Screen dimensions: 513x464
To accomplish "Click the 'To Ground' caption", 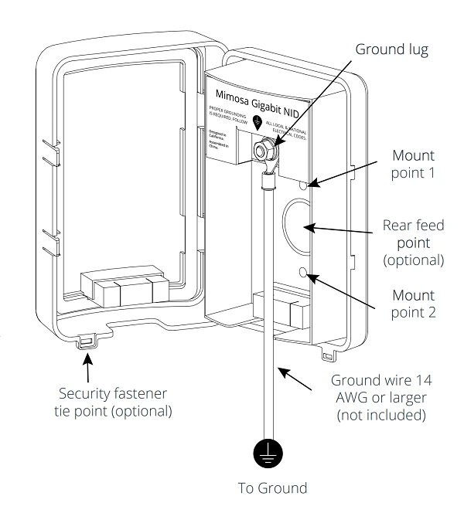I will point(271,488).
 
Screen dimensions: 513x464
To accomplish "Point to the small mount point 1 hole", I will point(304,185).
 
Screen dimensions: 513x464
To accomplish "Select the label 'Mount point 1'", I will point(414,165).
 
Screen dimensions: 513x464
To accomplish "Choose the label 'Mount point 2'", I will point(414,304).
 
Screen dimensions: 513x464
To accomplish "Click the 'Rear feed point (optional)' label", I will point(414,243).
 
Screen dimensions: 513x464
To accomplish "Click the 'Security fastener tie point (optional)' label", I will point(116,402).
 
